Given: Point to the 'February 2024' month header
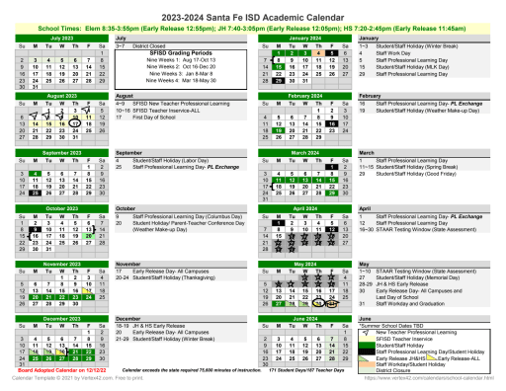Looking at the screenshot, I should tap(304, 94).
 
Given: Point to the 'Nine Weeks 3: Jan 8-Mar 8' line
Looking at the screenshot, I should tap(172, 72).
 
